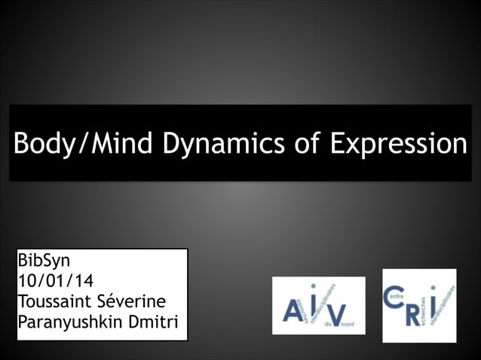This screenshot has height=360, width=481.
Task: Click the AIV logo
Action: point(318,306)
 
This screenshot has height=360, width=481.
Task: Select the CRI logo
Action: point(419,305)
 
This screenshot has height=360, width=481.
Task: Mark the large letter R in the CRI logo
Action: point(414,312)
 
